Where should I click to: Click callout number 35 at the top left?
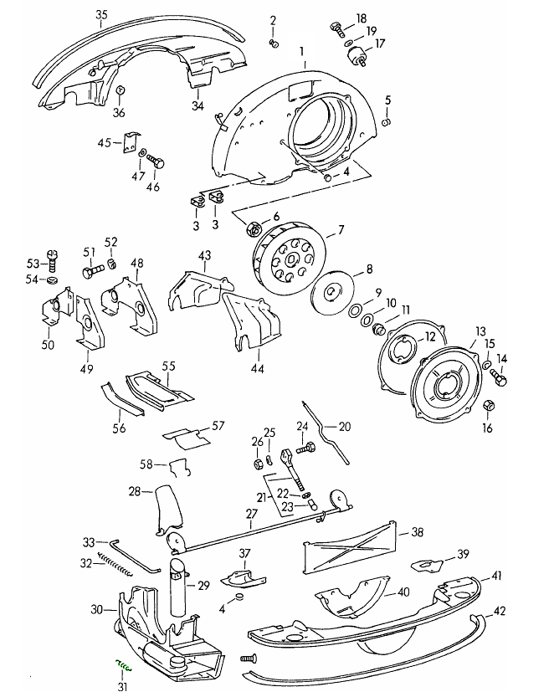click(102, 15)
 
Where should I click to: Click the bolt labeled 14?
click(499, 380)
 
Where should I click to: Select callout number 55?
click(168, 366)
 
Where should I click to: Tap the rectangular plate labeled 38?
click(350, 548)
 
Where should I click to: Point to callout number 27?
click(251, 514)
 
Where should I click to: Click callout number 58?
click(146, 464)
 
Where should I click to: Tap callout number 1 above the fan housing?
click(303, 51)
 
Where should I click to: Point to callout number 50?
click(47, 344)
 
